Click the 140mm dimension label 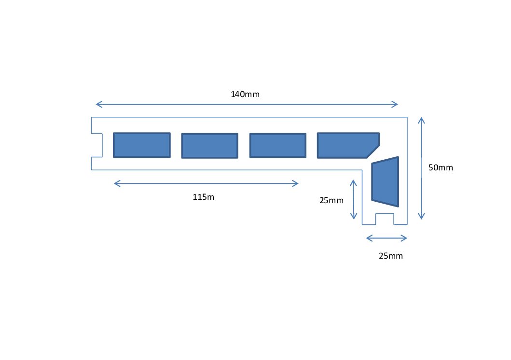245,94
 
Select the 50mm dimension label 441,167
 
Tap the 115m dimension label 203,197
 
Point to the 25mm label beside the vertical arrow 331,200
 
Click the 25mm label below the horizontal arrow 391,256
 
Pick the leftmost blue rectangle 142,145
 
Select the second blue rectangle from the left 209,146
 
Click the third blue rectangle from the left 277,145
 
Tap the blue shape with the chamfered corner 348,145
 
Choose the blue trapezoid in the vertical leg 385,182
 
